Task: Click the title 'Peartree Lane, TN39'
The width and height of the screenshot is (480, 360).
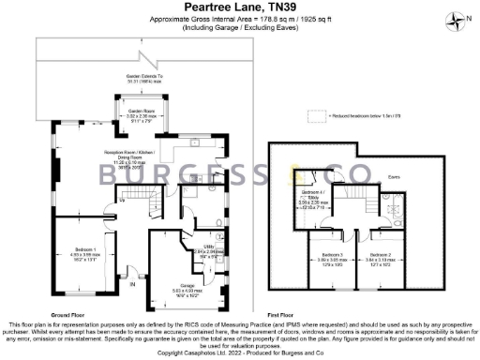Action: (239, 7)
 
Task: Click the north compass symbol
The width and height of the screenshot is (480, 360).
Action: (457, 18)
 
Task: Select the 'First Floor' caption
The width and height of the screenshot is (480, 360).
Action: (281, 315)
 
